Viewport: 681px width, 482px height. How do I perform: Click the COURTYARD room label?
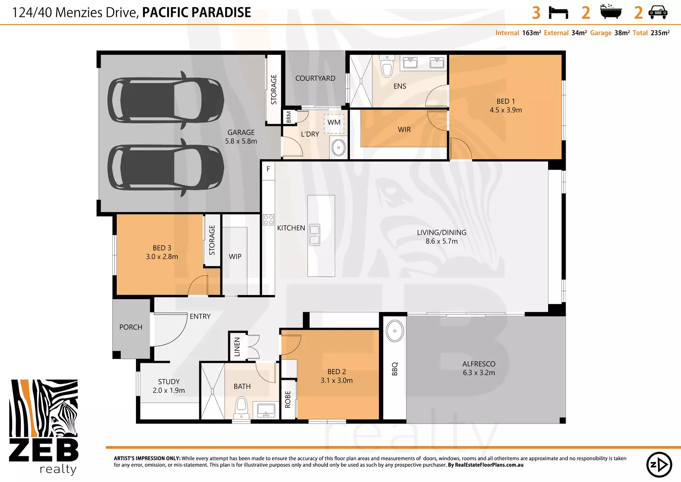click(x=315, y=79)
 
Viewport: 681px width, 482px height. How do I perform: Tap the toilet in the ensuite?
click(x=387, y=67)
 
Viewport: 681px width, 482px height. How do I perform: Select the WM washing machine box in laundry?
click(x=334, y=122)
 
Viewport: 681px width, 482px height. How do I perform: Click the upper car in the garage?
click(x=165, y=100)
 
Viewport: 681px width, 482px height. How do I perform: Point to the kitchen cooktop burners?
click(x=268, y=220)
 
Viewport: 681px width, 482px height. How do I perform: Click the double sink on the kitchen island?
click(x=314, y=235)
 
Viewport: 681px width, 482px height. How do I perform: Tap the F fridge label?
click(x=268, y=169)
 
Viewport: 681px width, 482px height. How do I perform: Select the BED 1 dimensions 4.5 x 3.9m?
click(x=506, y=110)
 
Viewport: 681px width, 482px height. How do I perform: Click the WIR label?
click(x=404, y=129)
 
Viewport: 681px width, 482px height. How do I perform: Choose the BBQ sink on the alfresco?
click(x=394, y=331)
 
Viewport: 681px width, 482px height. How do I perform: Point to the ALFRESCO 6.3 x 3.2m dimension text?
click(x=479, y=373)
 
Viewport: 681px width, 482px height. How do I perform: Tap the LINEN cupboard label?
click(x=237, y=347)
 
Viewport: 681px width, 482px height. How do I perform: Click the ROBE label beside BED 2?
click(x=288, y=399)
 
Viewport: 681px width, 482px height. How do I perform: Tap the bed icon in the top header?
click(x=558, y=12)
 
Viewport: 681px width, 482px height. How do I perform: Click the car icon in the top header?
click(x=657, y=12)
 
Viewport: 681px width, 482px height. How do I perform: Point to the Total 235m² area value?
click(x=660, y=33)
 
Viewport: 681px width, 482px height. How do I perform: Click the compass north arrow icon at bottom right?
click(x=659, y=465)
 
